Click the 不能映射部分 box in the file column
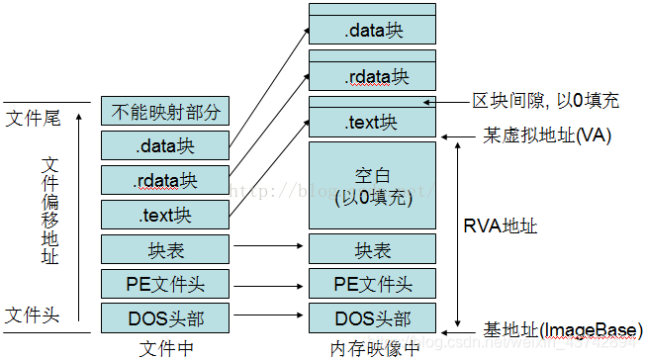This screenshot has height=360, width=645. click(x=166, y=112)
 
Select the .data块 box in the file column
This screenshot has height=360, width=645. click(x=166, y=146)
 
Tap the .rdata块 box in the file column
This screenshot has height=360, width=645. click(x=166, y=180)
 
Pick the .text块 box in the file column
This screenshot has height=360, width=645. click(x=166, y=215)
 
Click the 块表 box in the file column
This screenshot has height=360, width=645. click(x=166, y=250)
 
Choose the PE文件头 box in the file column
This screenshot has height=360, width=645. click(x=166, y=285)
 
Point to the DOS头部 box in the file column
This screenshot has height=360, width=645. click(x=166, y=317)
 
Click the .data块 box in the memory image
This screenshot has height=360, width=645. click(x=373, y=31)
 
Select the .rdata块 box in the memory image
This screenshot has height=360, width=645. click(x=373, y=76)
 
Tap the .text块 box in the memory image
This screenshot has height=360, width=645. click(x=373, y=123)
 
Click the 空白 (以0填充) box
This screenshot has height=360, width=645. click(x=373, y=184)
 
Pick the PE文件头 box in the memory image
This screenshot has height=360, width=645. click(x=373, y=285)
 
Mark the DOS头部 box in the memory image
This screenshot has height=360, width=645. click(x=373, y=317)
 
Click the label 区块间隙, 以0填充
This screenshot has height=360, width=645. click(x=544, y=101)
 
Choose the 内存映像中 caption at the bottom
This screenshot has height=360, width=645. click(x=372, y=348)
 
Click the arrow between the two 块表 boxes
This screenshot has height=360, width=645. click(x=270, y=251)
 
